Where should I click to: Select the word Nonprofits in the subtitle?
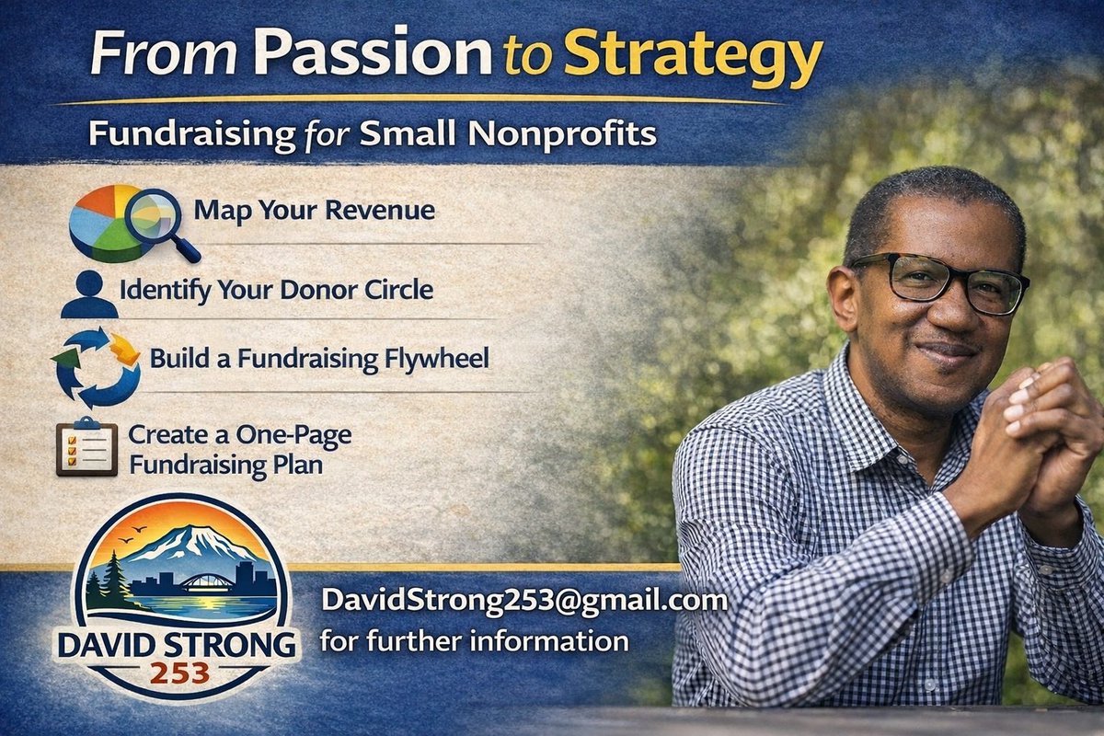point(562,134)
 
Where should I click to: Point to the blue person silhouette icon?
point(88,293)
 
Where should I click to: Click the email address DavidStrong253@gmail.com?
point(523,602)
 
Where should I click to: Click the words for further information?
point(474,639)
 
